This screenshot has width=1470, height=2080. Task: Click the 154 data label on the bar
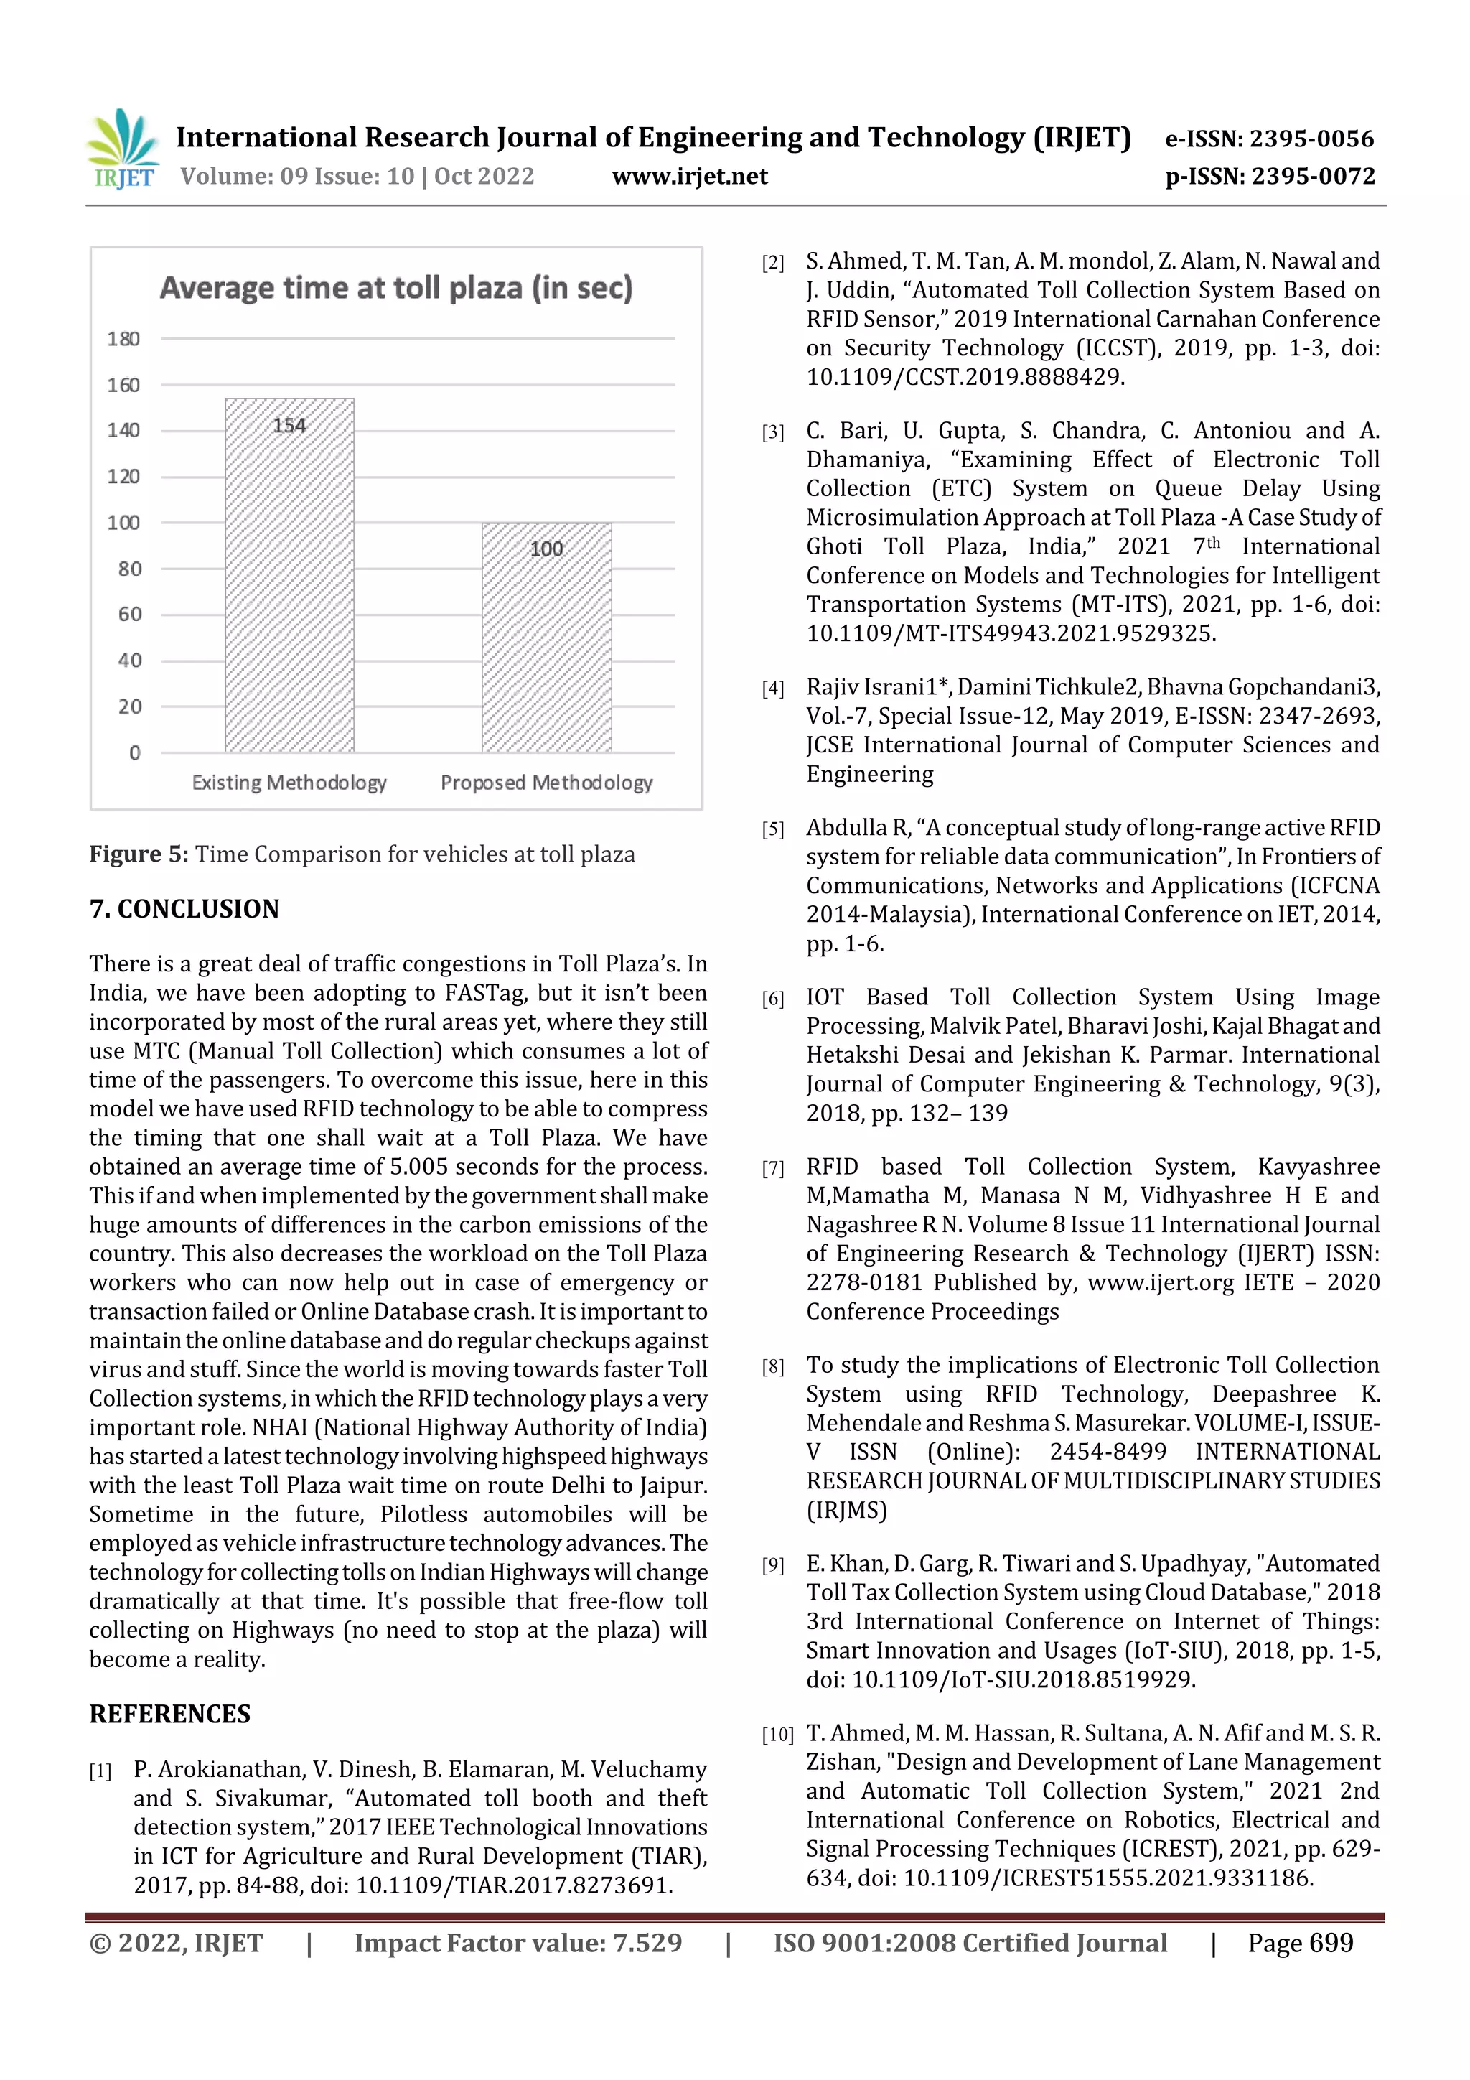click(289, 426)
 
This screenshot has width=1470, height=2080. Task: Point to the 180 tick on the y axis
click(123, 339)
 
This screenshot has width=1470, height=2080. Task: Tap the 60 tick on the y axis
click(128, 614)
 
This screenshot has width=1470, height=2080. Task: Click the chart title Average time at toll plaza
click(395, 288)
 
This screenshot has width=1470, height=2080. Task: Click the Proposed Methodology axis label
click(546, 783)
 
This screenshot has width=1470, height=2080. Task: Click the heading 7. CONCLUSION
click(184, 909)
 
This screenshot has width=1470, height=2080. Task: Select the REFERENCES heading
click(169, 1714)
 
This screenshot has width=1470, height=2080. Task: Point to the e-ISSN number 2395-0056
click(1311, 139)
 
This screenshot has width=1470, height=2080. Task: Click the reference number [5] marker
click(772, 830)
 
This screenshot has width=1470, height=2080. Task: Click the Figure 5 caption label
click(139, 854)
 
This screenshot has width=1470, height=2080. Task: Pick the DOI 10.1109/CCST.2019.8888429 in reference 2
click(964, 377)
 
